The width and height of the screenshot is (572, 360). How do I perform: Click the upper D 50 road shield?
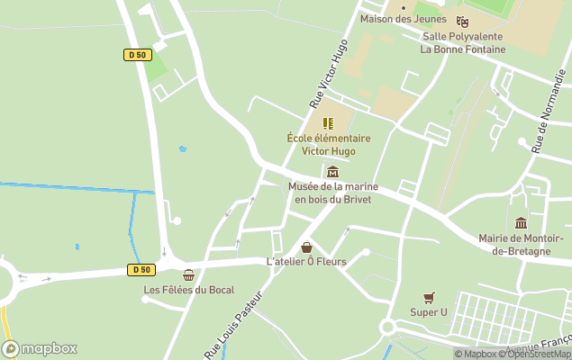point(136,55)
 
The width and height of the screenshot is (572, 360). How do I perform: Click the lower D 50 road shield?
point(140,269)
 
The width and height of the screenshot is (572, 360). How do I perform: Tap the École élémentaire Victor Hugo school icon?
point(328,123)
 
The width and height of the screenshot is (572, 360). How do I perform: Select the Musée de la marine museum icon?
point(332,172)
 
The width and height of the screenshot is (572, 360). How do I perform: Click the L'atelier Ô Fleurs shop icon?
point(306,247)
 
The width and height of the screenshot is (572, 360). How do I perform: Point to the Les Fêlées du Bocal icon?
point(188,275)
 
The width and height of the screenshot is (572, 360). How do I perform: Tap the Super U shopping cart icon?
point(429,297)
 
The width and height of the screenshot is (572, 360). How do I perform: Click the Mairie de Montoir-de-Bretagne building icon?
point(521,223)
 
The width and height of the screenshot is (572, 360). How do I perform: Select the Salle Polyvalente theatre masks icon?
point(462,22)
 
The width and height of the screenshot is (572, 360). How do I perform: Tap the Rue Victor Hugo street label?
point(329,74)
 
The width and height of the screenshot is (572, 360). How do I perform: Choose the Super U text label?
point(429,312)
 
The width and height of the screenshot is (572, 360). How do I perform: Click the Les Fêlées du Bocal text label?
point(188,290)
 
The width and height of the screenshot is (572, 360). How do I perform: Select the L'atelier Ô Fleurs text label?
point(306,261)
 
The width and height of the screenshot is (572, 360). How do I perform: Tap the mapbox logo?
point(40,348)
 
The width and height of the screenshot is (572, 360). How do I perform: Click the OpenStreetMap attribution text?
point(539,354)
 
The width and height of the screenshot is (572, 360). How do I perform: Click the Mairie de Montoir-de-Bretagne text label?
point(527,244)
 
